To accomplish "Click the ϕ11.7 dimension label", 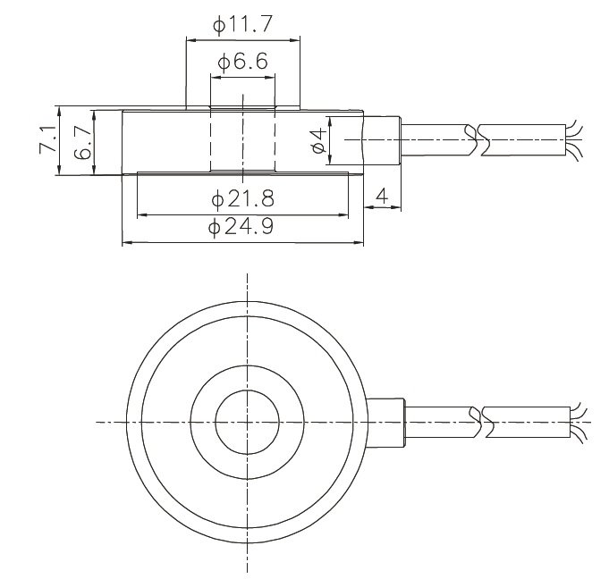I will tap(242, 26).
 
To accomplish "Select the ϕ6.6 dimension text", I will tap(242, 63).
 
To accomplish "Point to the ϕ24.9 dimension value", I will tap(242, 228).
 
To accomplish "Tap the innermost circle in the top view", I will tap(243, 421).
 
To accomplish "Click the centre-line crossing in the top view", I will tap(243, 421).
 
